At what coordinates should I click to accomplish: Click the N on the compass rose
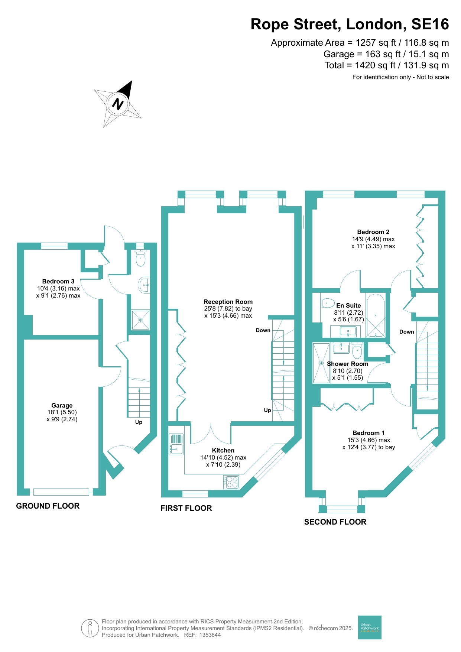click(x=118, y=104)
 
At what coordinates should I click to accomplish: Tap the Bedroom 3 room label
click(x=58, y=281)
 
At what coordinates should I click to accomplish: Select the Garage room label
click(x=62, y=405)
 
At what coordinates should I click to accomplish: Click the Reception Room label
click(x=228, y=302)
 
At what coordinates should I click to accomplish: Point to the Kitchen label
click(x=223, y=450)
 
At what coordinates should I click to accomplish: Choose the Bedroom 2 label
click(x=373, y=232)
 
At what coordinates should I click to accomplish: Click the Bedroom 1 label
click(x=369, y=433)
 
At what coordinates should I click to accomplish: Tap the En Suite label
click(x=348, y=305)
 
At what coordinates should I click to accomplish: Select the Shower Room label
click(x=348, y=364)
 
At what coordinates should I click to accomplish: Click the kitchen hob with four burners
click(x=231, y=482)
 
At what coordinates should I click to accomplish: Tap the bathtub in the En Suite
click(x=376, y=315)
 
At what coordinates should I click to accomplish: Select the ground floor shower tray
click(x=141, y=320)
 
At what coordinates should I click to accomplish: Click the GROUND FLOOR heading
click(x=48, y=506)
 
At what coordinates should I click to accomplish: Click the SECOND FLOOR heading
click(x=335, y=522)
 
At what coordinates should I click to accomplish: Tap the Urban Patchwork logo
click(x=370, y=627)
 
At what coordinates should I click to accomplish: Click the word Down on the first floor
click(x=263, y=330)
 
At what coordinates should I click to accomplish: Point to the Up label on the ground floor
click(x=139, y=422)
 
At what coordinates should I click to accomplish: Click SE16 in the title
click(x=430, y=25)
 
